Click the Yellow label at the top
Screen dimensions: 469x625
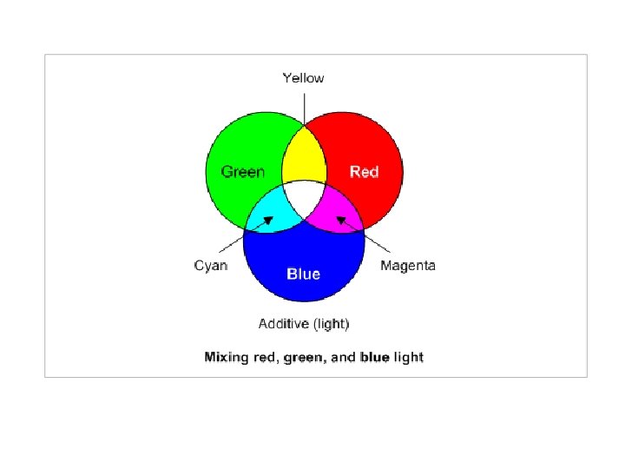303,78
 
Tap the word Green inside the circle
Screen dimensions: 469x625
243,172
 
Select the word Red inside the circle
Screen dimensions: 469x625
364,172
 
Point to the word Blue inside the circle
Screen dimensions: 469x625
303,274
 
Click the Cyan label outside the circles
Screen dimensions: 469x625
211,266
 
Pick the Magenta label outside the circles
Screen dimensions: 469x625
408,266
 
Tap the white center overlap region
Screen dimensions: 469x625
304,199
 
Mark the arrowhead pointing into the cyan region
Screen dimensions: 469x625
269,221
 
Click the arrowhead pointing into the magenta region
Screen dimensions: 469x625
340,221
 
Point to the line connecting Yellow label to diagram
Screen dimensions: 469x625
304,109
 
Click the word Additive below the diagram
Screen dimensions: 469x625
282,324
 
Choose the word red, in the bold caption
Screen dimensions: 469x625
262,357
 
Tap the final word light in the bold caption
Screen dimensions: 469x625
408,357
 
